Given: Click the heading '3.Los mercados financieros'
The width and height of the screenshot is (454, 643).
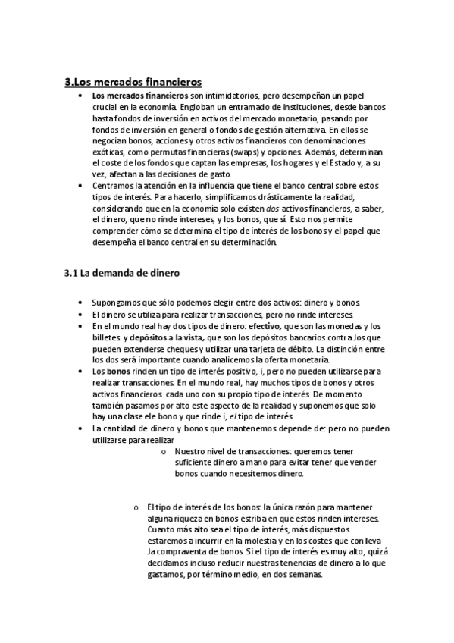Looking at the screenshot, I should (133, 82).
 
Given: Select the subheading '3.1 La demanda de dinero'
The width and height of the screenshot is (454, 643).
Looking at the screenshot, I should (122, 272).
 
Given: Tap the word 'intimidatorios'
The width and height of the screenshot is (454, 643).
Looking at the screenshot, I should (232, 96).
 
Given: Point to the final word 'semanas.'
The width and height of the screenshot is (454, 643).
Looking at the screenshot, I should (303, 574).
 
